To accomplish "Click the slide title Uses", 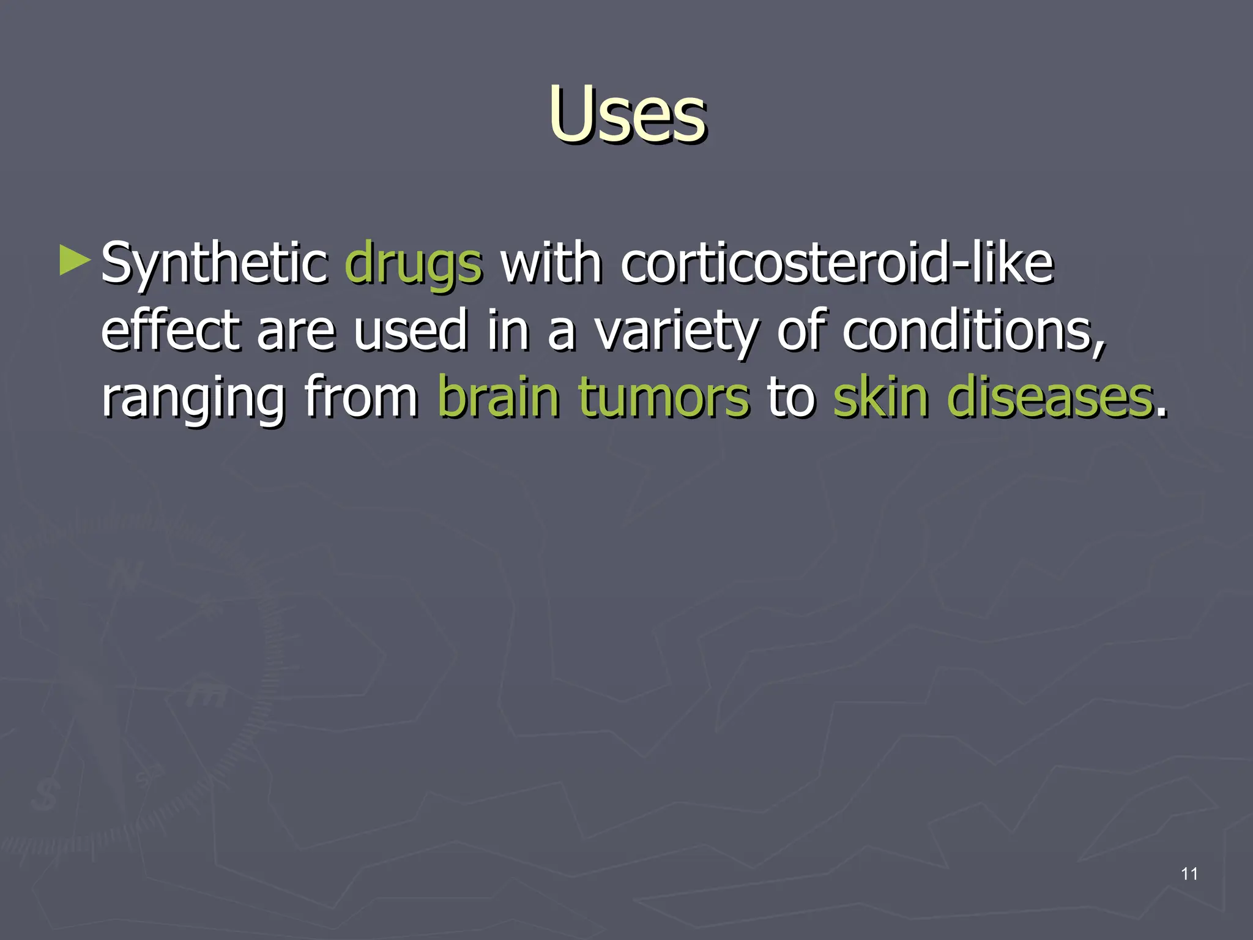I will click(627, 115).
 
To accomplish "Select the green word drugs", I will click(414, 264).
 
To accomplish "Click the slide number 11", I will click(1189, 874).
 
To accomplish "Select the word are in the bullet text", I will click(296, 332).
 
